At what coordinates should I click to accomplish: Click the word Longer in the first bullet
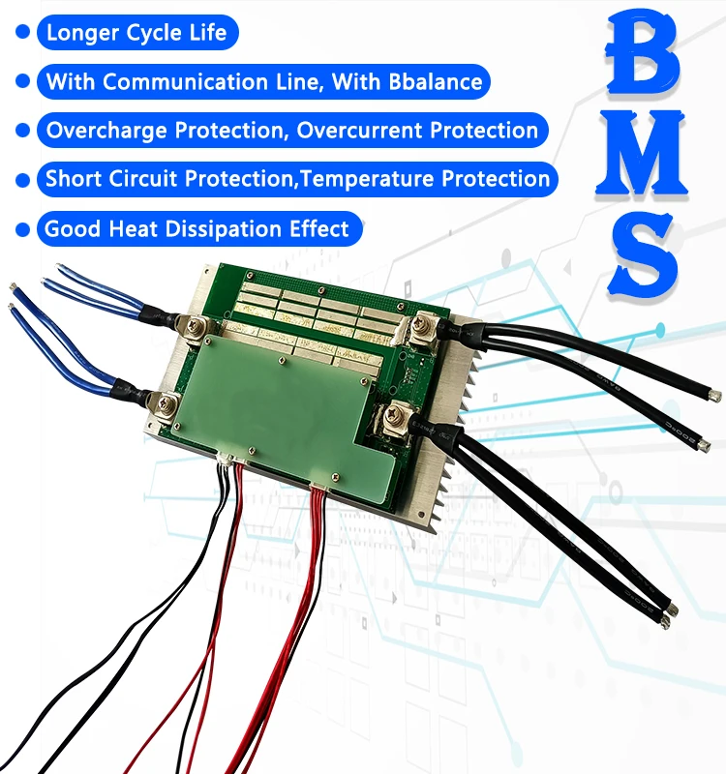pyautogui.click(x=81, y=33)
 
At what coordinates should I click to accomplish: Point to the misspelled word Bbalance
pyautogui.click(x=437, y=81)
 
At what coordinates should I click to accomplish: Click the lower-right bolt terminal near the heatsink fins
pyautogui.click(x=396, y=417)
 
